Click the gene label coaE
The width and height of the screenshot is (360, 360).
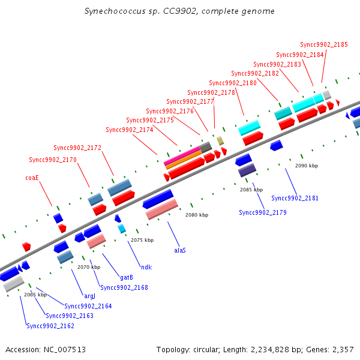[32, 178]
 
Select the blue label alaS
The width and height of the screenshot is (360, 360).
[179, 250]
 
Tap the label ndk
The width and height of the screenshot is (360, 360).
[146, 267]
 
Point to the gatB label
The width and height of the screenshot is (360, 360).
[126, 277]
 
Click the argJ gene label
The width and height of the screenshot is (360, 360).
[89, 296]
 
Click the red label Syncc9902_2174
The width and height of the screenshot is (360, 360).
[130, 130]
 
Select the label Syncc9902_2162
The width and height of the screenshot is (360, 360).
[50, 326]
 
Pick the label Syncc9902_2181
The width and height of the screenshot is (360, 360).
[295, 198]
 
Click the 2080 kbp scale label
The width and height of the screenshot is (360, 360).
[197, 215]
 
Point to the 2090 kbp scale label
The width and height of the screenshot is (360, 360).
[307, 165]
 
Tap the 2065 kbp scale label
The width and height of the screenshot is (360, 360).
[35, 295]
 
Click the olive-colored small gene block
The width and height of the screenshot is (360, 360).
[220, 140]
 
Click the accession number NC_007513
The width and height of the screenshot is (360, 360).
[64, 349]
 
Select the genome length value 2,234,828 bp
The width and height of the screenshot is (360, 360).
[287, 349]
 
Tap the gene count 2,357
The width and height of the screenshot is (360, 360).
[342, 349]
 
